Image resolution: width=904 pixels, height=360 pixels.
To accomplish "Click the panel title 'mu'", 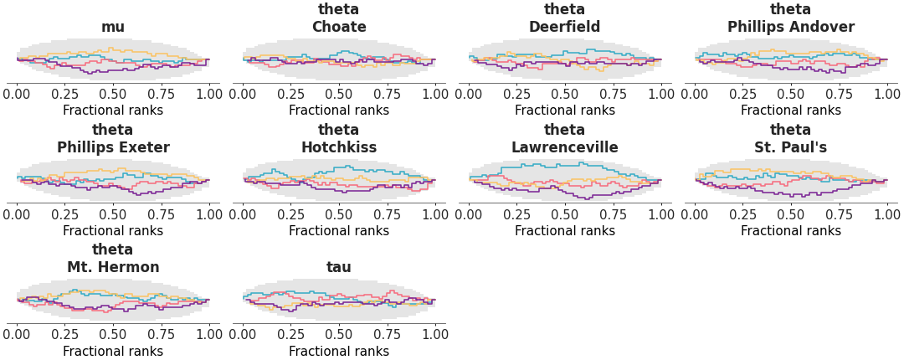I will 113,27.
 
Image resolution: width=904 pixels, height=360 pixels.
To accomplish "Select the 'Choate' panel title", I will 339,27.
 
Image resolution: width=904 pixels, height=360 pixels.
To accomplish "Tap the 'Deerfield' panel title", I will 565,27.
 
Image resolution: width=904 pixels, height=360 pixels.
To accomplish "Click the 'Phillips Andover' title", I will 791,27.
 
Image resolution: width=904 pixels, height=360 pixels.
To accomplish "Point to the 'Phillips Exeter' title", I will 113,147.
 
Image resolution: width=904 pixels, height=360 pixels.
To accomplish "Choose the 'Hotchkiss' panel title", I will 339,147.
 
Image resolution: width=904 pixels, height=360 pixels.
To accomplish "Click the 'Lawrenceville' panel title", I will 565,147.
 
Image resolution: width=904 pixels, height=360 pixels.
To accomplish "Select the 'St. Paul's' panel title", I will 791,147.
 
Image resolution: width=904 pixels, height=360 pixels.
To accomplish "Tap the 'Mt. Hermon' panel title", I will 113,268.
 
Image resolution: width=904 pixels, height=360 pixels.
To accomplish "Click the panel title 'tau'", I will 339,268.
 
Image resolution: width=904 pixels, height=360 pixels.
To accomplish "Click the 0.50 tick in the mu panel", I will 113,93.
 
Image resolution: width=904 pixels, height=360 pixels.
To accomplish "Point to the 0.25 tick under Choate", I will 290,93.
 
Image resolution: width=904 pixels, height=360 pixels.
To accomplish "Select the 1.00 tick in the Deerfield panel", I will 661,93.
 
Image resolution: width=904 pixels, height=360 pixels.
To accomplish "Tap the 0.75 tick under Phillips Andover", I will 839,93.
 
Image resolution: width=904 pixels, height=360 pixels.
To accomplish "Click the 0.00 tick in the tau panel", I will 243,334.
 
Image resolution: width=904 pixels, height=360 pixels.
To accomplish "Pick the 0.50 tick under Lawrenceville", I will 565,213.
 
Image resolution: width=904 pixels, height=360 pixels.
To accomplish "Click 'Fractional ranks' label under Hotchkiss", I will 339,231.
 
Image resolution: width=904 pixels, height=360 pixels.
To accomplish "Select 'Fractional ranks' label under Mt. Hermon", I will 113,352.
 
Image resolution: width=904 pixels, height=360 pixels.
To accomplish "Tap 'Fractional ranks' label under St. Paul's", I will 791,231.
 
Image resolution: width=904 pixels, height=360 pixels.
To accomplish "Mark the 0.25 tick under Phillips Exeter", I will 64,213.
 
